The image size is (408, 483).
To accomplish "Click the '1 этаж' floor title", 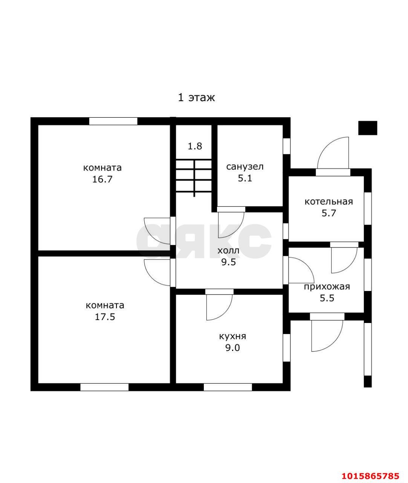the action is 196,97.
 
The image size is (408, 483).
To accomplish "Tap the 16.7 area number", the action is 102,179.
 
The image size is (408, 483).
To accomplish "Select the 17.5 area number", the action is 105,317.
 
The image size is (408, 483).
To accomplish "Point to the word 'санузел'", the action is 245,167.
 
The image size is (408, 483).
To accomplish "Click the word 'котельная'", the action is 329,202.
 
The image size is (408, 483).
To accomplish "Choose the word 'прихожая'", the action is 327,287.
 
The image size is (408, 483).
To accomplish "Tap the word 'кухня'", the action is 232,336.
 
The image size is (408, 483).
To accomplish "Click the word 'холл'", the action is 228,251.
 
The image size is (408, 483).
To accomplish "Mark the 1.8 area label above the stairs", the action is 195,146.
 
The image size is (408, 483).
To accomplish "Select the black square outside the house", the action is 368,128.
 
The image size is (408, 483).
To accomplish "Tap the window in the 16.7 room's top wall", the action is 113,121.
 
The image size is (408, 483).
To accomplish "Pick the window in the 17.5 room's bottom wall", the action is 104,387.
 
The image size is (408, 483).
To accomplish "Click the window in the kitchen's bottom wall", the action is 228,387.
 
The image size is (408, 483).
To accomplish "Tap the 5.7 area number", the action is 329,213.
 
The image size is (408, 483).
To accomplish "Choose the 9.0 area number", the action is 232,348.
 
